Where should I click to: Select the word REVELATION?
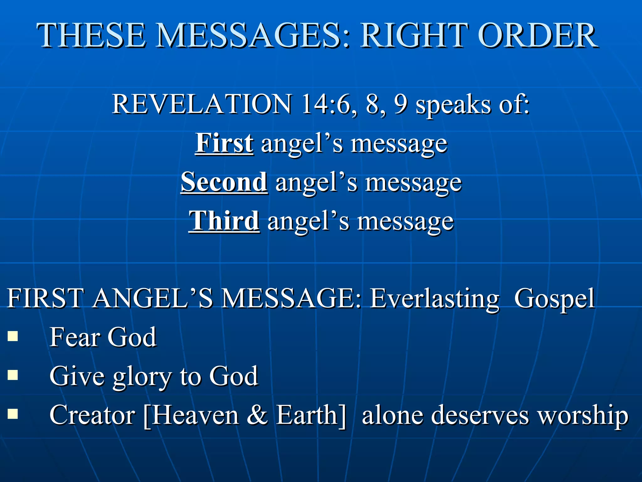202,104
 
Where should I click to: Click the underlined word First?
224,143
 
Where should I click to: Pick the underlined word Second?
224,182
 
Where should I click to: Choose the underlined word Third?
224,221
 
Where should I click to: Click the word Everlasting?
434,299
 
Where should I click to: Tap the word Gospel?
554,299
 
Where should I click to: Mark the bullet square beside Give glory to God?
13,375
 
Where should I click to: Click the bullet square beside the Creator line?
13,414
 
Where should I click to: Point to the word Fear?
75,337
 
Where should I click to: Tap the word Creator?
92,415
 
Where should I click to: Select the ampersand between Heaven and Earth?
257,415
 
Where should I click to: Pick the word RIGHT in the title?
413,36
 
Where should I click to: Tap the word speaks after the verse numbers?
453,105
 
